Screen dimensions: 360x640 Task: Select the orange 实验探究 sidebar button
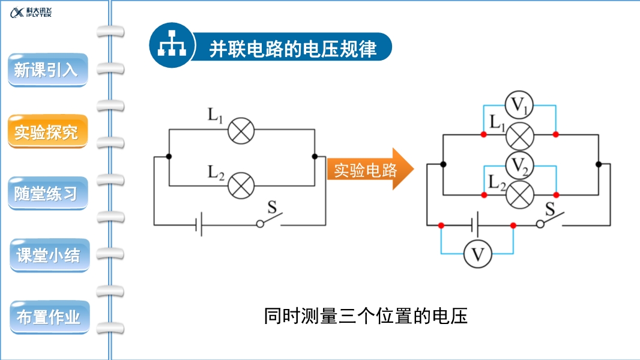tap(47, 131)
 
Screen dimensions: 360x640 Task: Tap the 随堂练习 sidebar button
tap(47, 193)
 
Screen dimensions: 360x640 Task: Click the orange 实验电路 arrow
tap(369, 170)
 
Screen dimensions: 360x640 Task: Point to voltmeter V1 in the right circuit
tap(519, 106)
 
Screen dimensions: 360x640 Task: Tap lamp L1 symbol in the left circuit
tap(241, 131)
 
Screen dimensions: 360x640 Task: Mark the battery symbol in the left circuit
tap(199, 225)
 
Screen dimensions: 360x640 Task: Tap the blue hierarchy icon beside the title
tap(171, 46)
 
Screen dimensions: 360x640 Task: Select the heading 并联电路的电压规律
tap(293, 49)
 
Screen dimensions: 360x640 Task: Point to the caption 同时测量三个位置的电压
tap(366, 316)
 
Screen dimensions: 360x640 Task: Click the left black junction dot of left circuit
tap(169, 157)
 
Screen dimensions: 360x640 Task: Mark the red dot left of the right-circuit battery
tap(441, 226)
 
